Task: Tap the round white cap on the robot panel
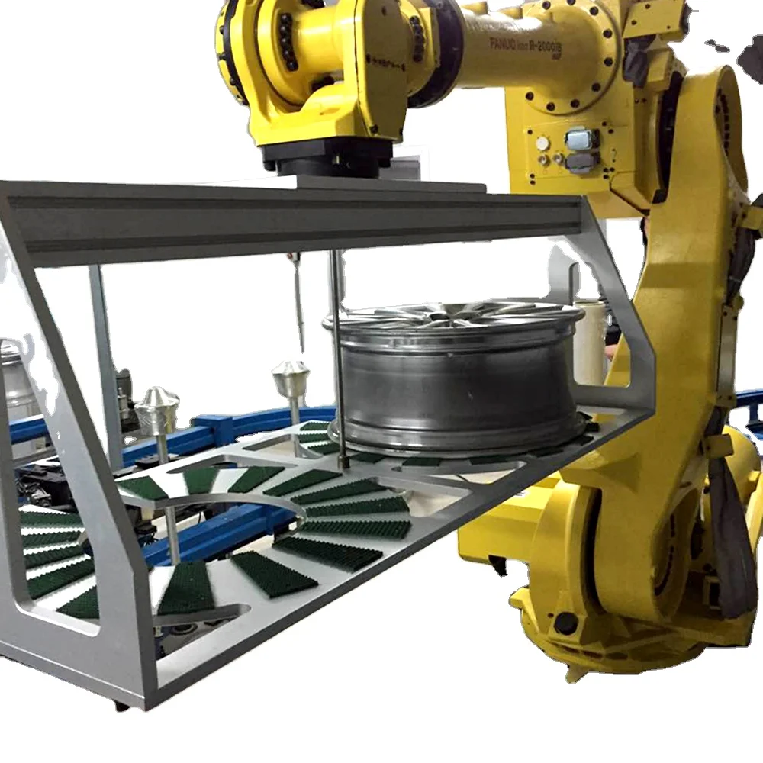pyautogui.click(x=542, y=143)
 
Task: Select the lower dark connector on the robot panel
pyautogui.click(x=581, y=163)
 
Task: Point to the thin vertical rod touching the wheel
pyautogui.click(x=338, y=359)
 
